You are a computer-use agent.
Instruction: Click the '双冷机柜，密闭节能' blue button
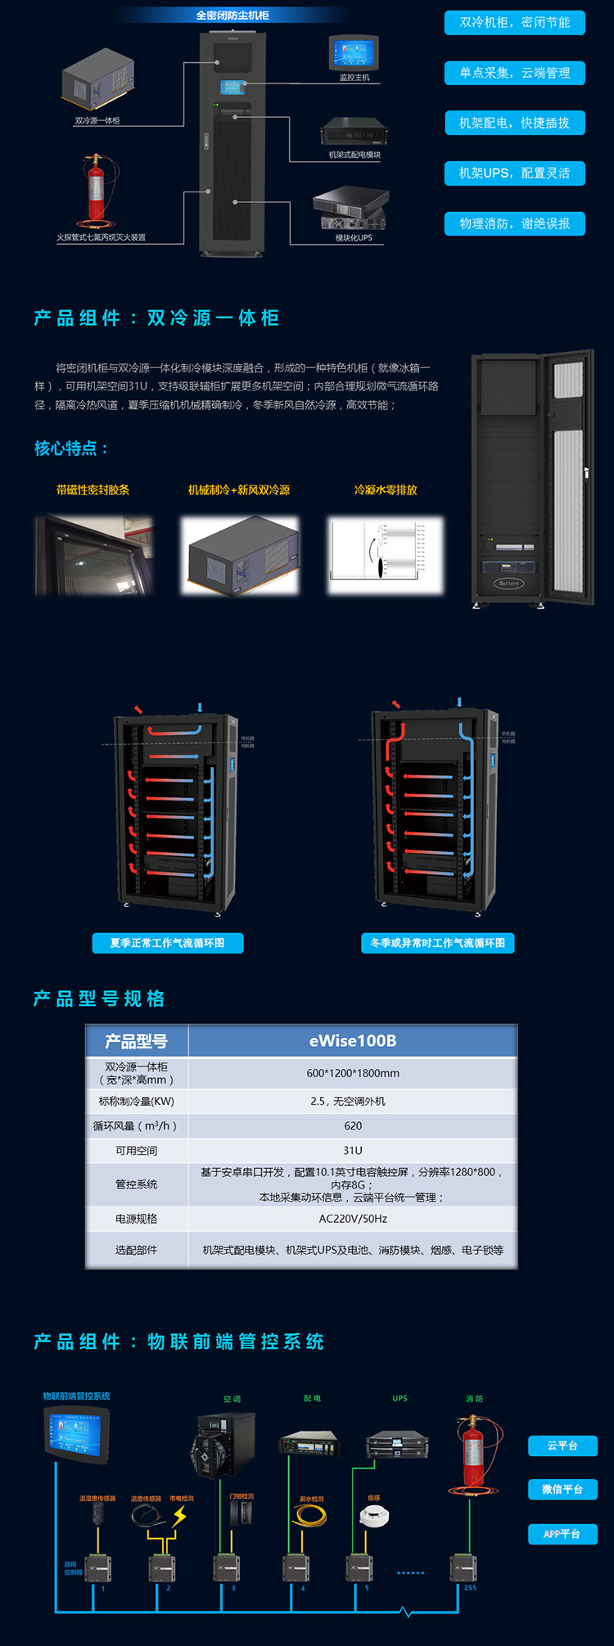pyautogui.click(x=514, y=23)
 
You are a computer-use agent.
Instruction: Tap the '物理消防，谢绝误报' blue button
pyautogui.click(x=514, y=223)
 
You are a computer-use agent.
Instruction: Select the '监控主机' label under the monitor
pyautogui.click(x=354, y=78)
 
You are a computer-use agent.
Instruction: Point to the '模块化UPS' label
pyautogui.click(x=354, y=238)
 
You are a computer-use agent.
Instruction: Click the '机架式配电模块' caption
pyautogui.click(x=354, y=155)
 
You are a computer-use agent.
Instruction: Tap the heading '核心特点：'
pyautogui.click(x=71, y=449)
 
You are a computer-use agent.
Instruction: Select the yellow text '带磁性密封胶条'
pyautogui.click(x=93, y=490)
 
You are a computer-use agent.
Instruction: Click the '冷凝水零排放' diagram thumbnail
pyautogui.click(x=385, y=555)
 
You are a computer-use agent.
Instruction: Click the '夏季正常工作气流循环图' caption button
pyautogui.click(x=167, y=943)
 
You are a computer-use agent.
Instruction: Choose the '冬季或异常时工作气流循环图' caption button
pyautogui.click(x=437, y=943)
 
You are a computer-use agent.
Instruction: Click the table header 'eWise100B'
pyautogui.click(x=353, y=1041)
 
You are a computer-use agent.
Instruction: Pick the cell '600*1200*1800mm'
pyautogui.click(x=353, y=1073)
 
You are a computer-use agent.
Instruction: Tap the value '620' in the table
pyautogui.click(x=353, y=1125)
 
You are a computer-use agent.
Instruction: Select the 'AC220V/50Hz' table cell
pyautogui.click(x=353, y=1219)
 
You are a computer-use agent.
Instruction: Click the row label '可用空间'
pyautogui.click(x=136, y=1150)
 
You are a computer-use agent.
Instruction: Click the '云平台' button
pyautogui.click(x=562, y=1446)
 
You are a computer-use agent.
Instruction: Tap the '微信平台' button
pyautogui.click(x=562, y=1490)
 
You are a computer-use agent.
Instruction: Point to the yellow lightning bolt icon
pyautogui.click(x=179, y=1517)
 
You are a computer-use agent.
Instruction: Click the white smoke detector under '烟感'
pyautogui.click(x=373, y=1516)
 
